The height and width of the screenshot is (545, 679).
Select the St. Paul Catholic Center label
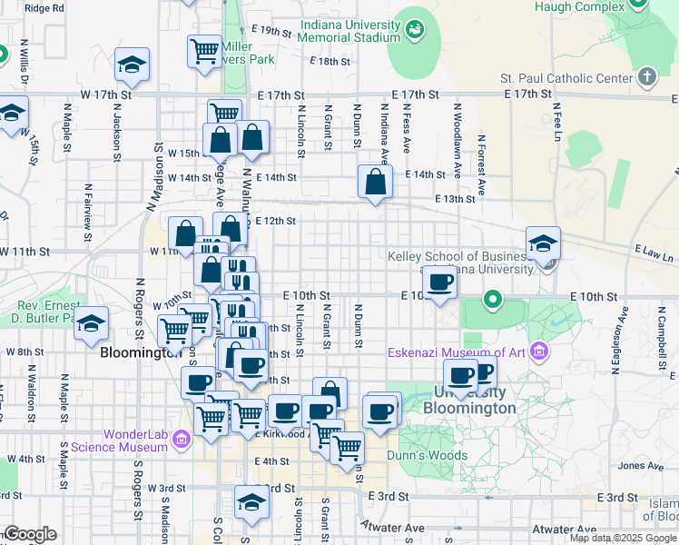tap(566, 78)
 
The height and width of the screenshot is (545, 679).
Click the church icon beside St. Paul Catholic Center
tap(646, 76)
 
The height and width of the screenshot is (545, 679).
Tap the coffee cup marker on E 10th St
tap(440, 282)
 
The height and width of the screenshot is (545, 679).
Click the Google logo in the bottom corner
tap(30, 534)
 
